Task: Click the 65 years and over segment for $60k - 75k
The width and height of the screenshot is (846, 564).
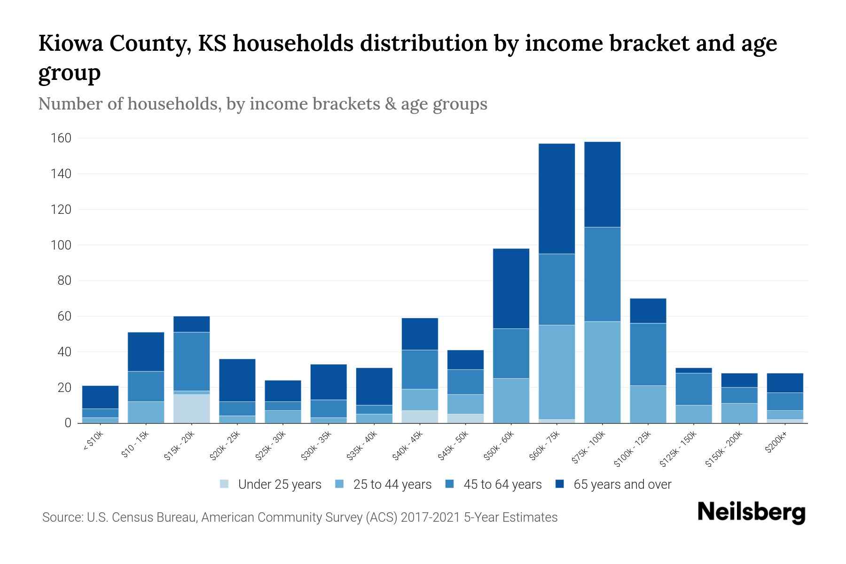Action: coord(556,198)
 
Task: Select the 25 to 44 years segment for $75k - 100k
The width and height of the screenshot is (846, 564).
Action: coord(602,372)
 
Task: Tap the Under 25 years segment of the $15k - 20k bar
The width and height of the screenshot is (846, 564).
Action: coord(191,408)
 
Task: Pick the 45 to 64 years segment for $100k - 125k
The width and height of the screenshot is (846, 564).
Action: coord(648,354)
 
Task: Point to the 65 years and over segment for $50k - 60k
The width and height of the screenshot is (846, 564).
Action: coord(511,288)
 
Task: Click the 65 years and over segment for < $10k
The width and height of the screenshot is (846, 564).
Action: coord(100,397)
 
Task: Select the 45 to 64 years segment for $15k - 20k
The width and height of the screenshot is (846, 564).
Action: coord(191,361)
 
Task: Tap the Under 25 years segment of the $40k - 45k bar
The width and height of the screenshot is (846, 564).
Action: coord(420,416)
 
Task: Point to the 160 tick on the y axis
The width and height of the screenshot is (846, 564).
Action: coord(62,138)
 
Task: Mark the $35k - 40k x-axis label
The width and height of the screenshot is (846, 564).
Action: coord(362,446)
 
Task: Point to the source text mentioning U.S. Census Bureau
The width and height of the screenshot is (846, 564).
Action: coord(299,517)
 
